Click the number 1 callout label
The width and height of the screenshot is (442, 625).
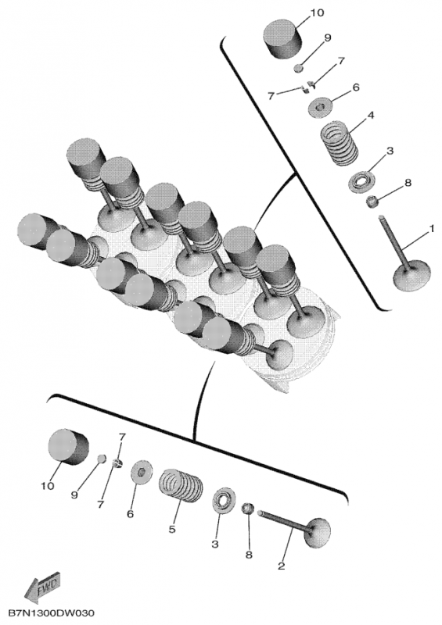431,230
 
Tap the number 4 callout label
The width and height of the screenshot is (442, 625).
371,116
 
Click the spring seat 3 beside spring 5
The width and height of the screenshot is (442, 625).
225,498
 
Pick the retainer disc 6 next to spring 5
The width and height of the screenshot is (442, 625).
142,473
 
